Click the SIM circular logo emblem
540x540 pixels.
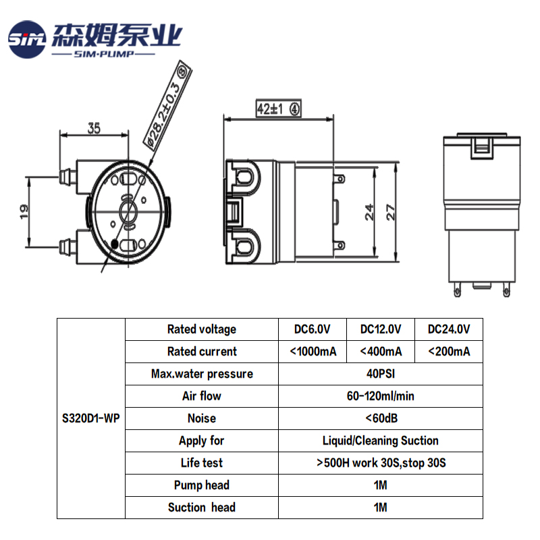(x=27, y=39)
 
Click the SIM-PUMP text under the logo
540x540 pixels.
(x=104, y=54)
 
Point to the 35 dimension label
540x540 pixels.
(x=94, y=128)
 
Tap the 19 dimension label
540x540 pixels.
(x=24, y=211)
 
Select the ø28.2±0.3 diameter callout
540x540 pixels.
(x=167, y=105)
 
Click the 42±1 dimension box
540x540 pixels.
(x=278, y=109)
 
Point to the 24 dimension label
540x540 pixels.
(x=369, y=212)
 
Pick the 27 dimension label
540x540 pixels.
(x=391, y=212)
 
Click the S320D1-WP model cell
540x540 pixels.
(x=91, y=418)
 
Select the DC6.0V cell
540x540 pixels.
(x=312, y=329)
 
